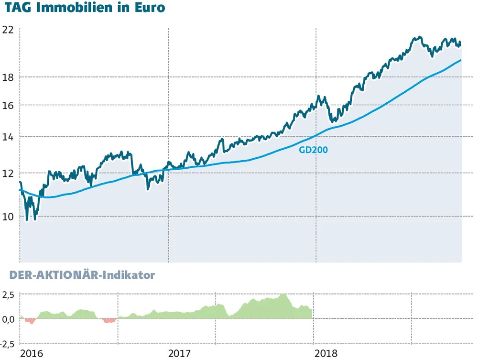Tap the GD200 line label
(313, 150)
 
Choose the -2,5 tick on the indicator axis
(6, 343)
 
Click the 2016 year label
(32, 354)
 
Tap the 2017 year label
(180, 354)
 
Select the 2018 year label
(326, 354)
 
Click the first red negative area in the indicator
(31, 321)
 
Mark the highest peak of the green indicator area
(283, 295)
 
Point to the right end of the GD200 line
(461, 60)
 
